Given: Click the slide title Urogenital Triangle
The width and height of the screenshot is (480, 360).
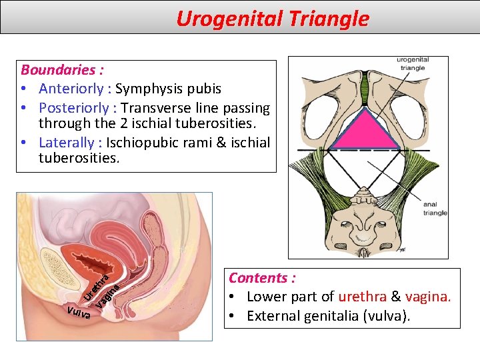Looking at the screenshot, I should (x=272, y=19).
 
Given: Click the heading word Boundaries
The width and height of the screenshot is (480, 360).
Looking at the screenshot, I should (x=57, y=70).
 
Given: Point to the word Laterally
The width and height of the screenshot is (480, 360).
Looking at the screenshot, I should (x=67, y=142).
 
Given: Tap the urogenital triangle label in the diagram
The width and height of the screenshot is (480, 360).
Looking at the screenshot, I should (x=413, y=63).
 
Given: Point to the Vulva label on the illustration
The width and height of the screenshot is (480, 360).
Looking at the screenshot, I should (x=79, y=312).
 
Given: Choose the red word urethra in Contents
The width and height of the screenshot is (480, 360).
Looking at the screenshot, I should (x=365, y=297).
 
